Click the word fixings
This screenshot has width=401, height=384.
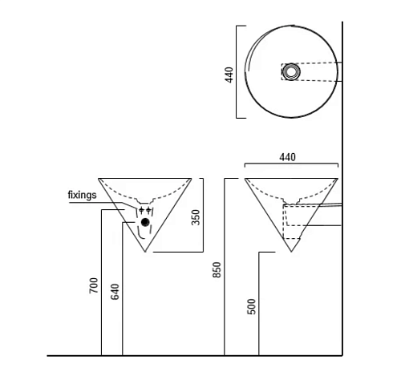click(82, 195)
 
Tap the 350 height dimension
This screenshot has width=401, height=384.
click(196, 217)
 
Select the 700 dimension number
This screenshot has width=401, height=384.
click(94, 285)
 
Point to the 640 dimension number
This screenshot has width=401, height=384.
click(115, 292)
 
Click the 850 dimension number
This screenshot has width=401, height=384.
click(217, 270)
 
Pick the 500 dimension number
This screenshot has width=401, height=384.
click(252, 306)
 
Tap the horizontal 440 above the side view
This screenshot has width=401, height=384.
click(288, 157)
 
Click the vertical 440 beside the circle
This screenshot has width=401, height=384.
click(229, 75)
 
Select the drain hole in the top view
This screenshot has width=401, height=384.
click(291, 71)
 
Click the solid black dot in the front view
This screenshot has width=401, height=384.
click(145, 222)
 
